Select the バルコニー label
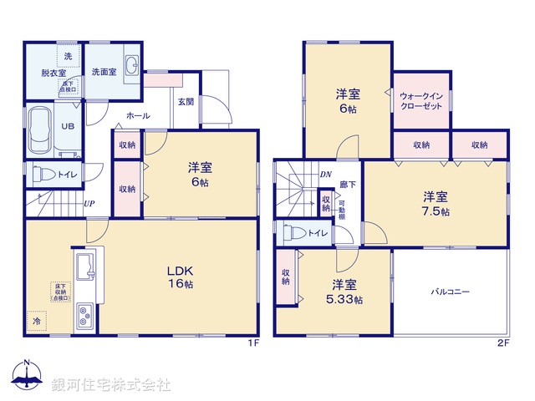coord(451,292)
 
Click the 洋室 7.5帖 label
coord(435,204)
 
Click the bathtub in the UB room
coord(40,130)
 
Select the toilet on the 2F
coord(298,234)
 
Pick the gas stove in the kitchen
coord(87,316)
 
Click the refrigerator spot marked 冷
coord(37,320)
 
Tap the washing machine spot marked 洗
coord(68,55)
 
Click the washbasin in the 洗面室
coord(131,67)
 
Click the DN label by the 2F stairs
coord(325,175)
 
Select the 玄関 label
coord(186,102)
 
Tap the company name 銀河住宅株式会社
coord(111,385)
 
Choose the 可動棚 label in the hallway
coord(341,208)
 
